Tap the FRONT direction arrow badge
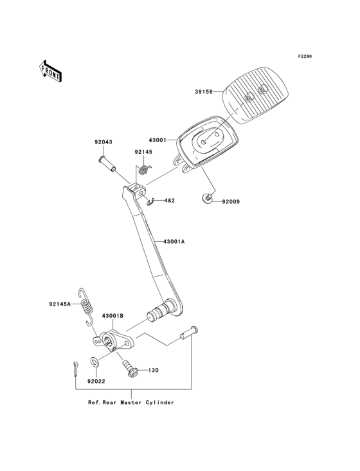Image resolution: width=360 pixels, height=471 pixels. (51, 71)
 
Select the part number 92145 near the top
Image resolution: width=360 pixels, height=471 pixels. (143, 152)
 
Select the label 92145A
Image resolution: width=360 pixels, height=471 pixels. (60, 304)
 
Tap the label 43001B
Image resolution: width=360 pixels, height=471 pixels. (113, 317)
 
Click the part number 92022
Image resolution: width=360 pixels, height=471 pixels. (96, 381)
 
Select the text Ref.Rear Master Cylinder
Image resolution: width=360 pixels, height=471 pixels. (131, 402)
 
